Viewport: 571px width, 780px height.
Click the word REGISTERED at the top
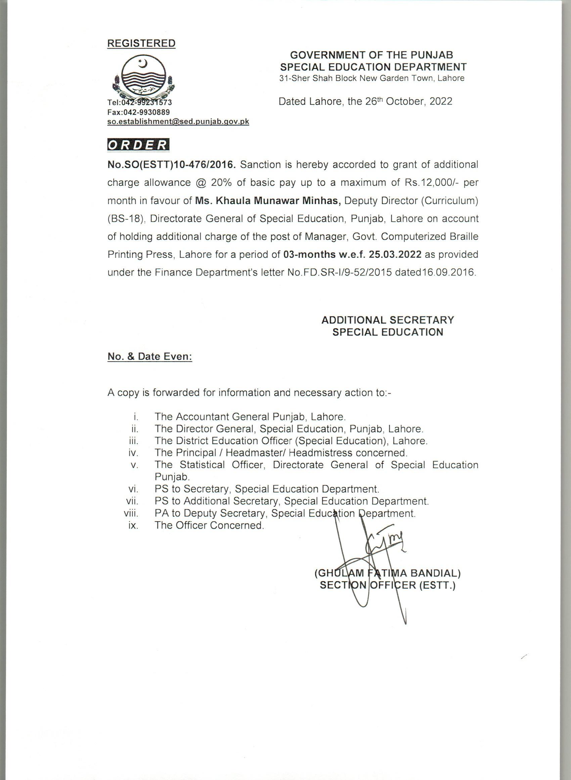(x=141, y=44)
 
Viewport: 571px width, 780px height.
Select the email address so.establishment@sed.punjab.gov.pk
(x=178, y=122)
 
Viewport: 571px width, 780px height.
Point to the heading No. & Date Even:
(x=150, y=357)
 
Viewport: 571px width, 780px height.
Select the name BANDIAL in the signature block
(x=435, y=573)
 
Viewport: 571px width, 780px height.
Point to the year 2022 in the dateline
(x=441, y=101)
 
